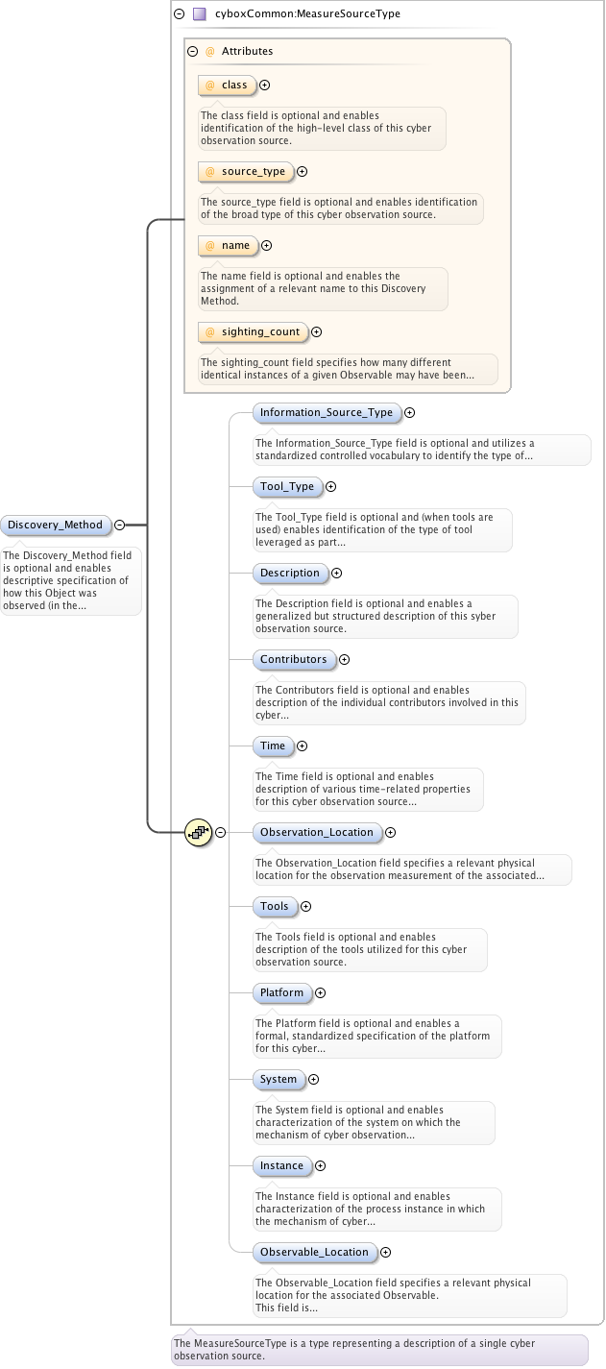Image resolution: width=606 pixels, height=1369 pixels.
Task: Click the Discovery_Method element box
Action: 55,525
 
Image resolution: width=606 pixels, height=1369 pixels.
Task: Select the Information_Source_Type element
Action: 326,412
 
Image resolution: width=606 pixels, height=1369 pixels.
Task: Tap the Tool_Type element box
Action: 286,486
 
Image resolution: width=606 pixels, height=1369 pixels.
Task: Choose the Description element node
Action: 289,573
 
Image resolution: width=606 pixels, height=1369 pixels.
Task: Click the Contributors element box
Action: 293,659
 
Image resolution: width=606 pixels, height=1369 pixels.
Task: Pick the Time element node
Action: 273,746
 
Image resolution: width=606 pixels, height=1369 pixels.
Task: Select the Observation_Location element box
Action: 316,832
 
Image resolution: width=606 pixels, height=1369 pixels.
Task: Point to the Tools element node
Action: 274,906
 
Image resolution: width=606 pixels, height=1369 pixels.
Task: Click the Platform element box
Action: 281,992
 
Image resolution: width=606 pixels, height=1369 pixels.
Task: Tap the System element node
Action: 279,1079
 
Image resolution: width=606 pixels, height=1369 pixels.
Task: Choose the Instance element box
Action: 281,1165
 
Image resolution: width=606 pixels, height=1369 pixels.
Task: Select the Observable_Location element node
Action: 314,1252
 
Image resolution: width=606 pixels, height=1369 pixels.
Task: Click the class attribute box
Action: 228,86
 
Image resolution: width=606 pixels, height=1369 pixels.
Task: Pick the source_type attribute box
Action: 246,172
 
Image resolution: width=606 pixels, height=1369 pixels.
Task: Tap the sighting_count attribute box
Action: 254,332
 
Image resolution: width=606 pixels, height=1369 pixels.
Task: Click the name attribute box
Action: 229,246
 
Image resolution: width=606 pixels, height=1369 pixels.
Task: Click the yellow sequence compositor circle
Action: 198,832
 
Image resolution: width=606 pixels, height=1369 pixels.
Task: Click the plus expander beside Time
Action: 302,746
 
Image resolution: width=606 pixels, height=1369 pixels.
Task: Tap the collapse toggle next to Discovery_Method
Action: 119,525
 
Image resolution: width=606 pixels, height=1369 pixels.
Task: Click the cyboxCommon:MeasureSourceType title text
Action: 307,14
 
